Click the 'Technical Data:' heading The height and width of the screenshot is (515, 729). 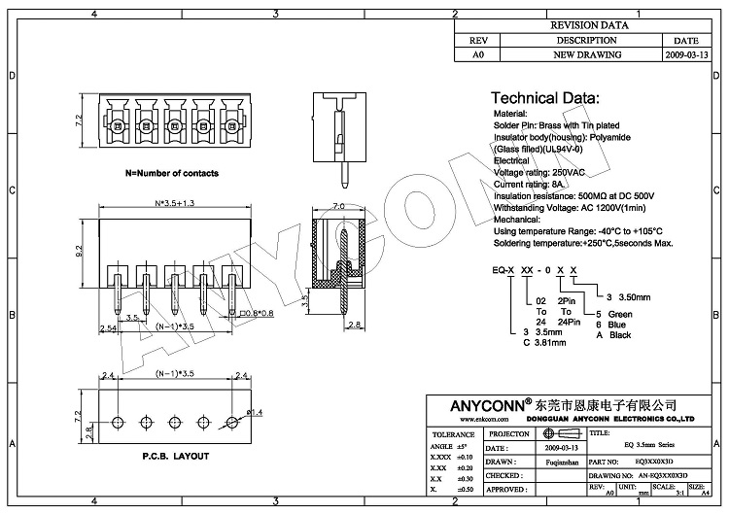point(544,98)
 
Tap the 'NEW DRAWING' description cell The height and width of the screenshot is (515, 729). point(586,55)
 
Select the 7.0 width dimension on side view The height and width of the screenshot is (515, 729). point(339,205)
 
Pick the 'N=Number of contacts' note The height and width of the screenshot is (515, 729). point(172,173)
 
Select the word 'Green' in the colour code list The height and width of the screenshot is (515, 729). point(620,315)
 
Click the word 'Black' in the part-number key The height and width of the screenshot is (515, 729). point(619,335)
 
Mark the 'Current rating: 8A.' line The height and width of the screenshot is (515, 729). point(530,183)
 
